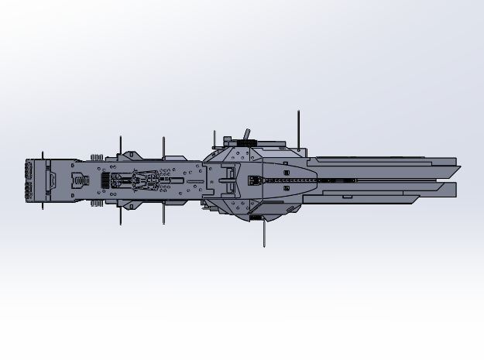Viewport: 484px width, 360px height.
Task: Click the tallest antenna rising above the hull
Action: pos(298,128)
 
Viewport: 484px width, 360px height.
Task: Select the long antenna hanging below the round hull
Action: pos(265,232)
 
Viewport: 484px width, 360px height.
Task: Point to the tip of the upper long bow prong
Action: pos(455,166)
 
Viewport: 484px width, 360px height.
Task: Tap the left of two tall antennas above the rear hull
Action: pos(120,145)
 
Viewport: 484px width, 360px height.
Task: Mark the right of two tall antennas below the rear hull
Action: pos(163,214)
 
